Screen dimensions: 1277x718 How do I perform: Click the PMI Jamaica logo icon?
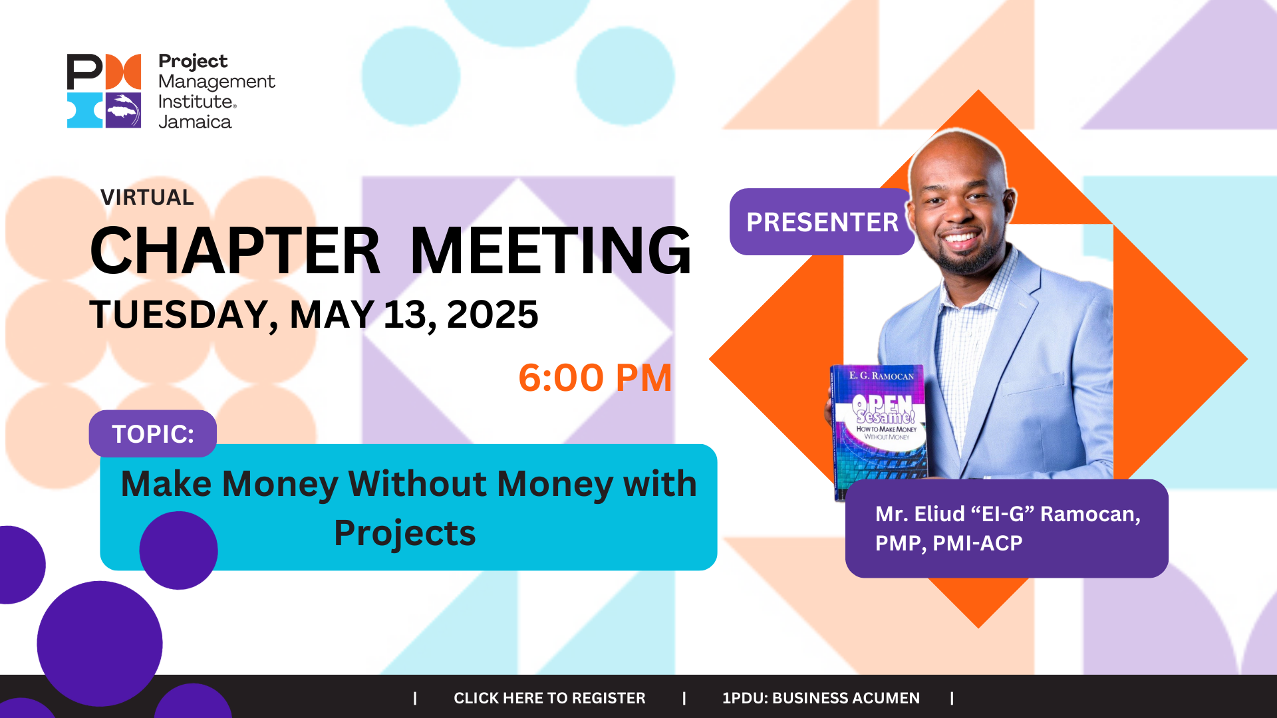[104, 90]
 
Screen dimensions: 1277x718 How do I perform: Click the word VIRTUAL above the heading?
[147, 197]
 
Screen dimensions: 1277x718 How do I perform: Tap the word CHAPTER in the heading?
[235, 251]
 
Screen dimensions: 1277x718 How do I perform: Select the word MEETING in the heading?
[551, 251]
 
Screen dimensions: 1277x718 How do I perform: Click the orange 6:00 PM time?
[595, 378]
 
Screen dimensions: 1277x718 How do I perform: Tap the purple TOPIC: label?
[153, 433]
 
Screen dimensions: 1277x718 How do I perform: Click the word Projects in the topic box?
[405, 533]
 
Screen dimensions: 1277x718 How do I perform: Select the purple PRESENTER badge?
[822, 222]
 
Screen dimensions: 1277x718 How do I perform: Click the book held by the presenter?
[878, 431]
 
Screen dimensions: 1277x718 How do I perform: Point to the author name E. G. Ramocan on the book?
[881, 376]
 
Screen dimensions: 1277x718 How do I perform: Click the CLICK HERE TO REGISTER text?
[549, 698]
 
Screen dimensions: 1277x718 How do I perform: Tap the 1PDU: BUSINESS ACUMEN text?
[821, 698]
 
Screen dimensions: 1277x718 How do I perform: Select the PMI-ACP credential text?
[978, 543]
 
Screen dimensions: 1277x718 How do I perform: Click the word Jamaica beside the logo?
[195, 122]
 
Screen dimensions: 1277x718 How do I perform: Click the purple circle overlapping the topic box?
[178, 550]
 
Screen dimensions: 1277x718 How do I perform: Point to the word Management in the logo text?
[217, 82]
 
